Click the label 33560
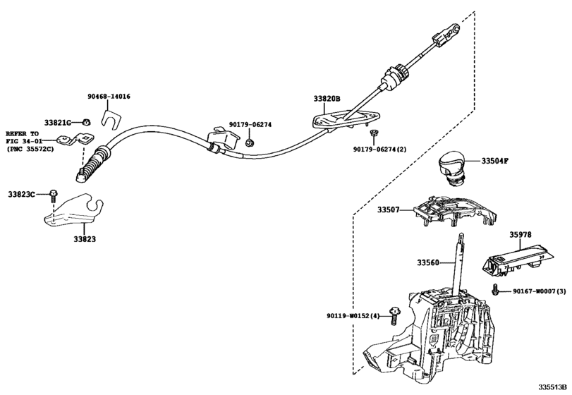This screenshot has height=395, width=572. pos(428,262)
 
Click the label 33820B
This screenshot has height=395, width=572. pos(327,99)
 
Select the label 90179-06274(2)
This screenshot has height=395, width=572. pos(382,150)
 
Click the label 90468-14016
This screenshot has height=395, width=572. pos(109,97)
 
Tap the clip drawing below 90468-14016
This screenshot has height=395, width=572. pos(112,116)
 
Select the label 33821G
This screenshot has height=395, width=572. pos(59,121)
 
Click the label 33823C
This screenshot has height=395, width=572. pos(22,193)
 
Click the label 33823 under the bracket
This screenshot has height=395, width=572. pos(84,239)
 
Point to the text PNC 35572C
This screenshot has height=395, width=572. pos(29,149)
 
